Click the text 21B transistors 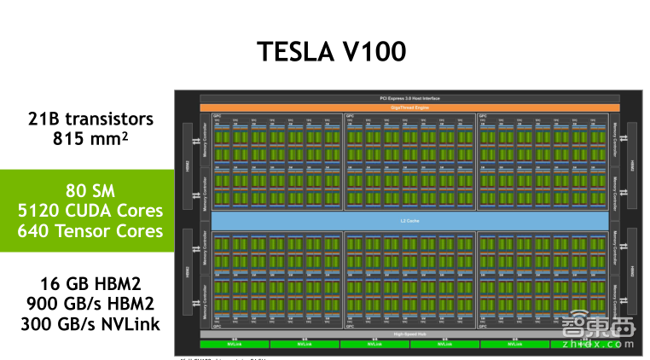click(x=90, y=119)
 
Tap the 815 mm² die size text click(x=90, y=137)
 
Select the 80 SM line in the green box click(x=90, y=189)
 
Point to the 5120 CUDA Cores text click(x=90, y=210)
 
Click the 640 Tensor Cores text click(x=90, y=229)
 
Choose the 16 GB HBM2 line click(x=90, y=282)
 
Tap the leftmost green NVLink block click(x=234, y=344)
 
